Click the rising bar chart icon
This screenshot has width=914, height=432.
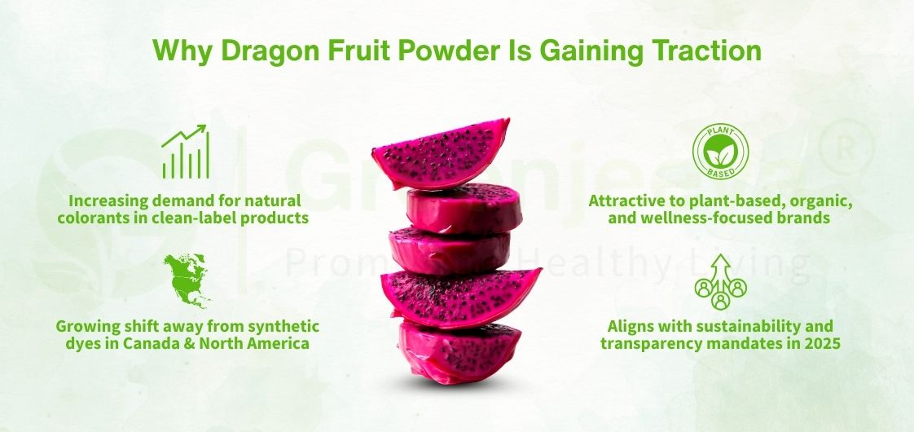(x=186, y=152)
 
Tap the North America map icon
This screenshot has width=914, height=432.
(x=186, y=280)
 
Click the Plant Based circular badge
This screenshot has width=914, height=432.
(x=721, y=153)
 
